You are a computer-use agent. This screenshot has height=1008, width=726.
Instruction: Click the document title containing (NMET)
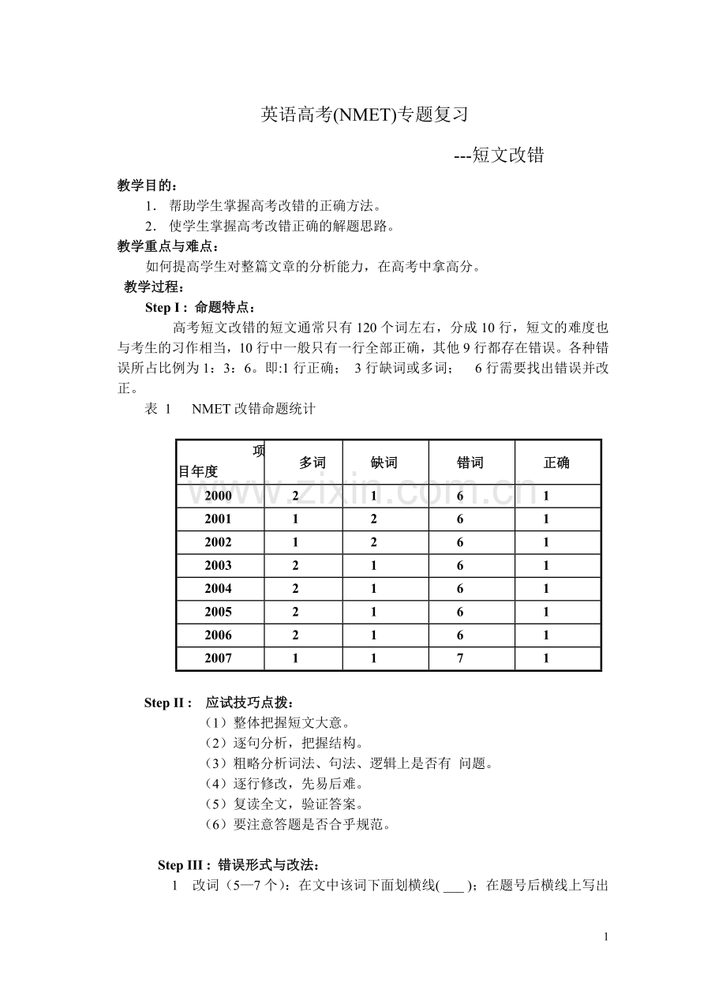(x=365, y=115)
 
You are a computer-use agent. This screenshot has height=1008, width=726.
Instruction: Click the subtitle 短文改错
(x=499, y=156)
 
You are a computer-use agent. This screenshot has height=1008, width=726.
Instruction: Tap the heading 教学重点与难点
(x=164, y=246)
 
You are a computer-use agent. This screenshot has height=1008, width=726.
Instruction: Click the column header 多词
(x=312, y=463)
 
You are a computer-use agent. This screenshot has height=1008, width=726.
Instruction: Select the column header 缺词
(x=384, y=463)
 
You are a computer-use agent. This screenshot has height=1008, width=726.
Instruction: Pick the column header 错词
(x=470, y=463)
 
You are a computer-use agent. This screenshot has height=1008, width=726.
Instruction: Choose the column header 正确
(x=556, y=463)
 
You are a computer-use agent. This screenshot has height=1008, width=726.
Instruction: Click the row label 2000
(x=218, y=497)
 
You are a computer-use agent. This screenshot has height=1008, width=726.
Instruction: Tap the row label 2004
(x=218, y=589)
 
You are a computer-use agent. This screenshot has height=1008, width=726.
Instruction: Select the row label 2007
(x=218, y=658)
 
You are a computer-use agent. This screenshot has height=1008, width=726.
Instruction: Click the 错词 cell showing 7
(x=460, y=658)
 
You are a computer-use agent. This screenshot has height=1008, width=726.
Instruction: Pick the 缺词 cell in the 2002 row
(x=373, y=542)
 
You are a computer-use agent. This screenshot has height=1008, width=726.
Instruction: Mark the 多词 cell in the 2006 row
(x=295, y=635)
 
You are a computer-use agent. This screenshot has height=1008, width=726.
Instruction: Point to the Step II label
(x=168, y=703)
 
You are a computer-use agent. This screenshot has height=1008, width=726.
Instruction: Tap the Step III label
(x=183, y=865)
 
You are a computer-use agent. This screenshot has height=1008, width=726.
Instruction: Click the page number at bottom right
(x=605, y=937)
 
